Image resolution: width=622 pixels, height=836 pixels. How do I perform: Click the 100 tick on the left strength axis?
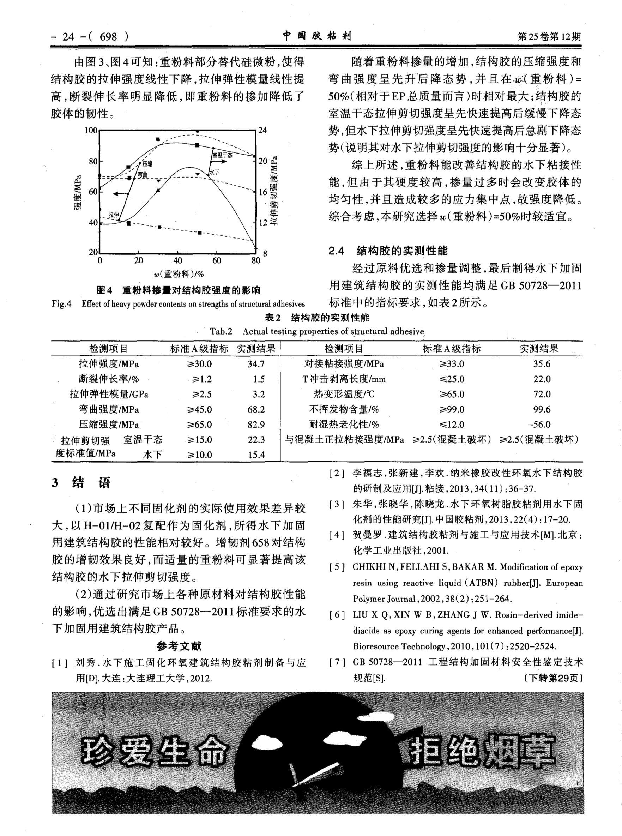coord(91,130)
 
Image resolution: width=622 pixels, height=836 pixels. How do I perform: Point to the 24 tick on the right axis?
coord(262,130)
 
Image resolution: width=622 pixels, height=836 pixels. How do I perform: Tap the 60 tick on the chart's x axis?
coord(217,260)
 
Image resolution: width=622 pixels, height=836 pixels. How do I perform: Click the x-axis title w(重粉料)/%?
coord(179,274)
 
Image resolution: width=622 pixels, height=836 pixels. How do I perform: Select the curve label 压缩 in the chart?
coord(147,163)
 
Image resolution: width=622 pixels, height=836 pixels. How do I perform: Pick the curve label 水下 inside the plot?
coord(214,173)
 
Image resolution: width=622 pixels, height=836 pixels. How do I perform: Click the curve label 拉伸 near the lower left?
coord(114,215)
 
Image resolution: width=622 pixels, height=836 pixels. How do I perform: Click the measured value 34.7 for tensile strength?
coord(256,364)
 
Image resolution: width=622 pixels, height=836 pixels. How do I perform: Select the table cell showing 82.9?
coord(256,425)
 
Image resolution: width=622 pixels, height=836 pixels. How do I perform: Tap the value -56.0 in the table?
coord(539,425)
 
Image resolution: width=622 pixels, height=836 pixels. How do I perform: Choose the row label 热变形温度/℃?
coord(344,394)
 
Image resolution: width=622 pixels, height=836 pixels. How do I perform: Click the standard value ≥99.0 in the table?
coord(452,409)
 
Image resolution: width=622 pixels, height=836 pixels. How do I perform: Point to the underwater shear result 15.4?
coord(256,455)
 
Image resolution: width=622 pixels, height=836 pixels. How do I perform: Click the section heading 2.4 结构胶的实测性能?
coord(388,251)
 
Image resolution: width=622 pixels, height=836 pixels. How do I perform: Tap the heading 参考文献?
coord(179,646)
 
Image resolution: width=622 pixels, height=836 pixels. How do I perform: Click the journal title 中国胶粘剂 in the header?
coord(317,36)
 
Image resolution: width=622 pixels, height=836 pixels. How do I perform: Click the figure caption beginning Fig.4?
coord(178,304)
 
